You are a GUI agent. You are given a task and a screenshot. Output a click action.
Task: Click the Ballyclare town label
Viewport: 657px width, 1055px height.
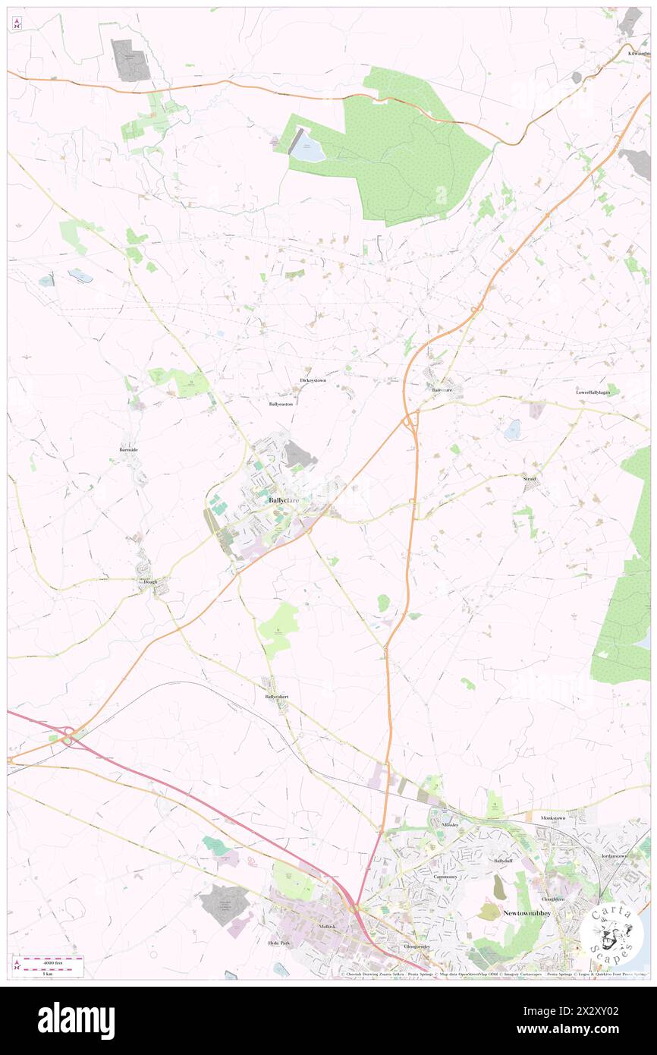tap(281, 501)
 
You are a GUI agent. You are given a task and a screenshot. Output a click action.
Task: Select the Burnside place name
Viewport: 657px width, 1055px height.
tap(128, 450)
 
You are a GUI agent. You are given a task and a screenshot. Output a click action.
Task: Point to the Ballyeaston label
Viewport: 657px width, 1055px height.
tap(280, 405)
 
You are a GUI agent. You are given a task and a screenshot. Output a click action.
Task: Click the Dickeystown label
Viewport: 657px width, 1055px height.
tap(313, 379)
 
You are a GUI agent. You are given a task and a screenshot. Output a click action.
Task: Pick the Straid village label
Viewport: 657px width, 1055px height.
tap(529, 480)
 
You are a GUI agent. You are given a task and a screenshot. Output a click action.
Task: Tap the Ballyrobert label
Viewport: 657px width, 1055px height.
tap(276, 696)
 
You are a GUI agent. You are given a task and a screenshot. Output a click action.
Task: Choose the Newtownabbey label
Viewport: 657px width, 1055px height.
tap(527, 912)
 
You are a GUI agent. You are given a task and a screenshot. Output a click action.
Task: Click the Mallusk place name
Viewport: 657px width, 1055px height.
tap(327, 927)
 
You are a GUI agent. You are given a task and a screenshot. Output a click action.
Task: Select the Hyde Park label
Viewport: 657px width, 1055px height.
tap(279, 943)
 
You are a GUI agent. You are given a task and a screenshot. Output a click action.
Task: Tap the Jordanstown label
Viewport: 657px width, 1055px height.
tap(614, 855)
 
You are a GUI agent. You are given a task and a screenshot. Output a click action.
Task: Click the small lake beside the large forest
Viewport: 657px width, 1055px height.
tap(307, 150)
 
